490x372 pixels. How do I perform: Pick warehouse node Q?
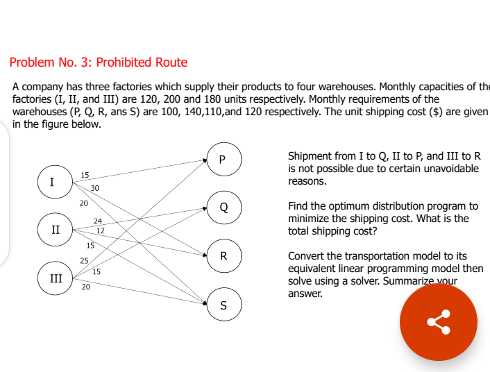coord(223,207)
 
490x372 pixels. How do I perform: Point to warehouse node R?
coord(223,255)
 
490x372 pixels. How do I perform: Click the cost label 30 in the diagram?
coord(94,188)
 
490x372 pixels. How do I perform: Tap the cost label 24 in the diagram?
coord(98,221)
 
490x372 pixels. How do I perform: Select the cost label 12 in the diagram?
coord(100,230)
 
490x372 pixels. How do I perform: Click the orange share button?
coord(439,321)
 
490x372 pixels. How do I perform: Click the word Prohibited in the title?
coord(123,62)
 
